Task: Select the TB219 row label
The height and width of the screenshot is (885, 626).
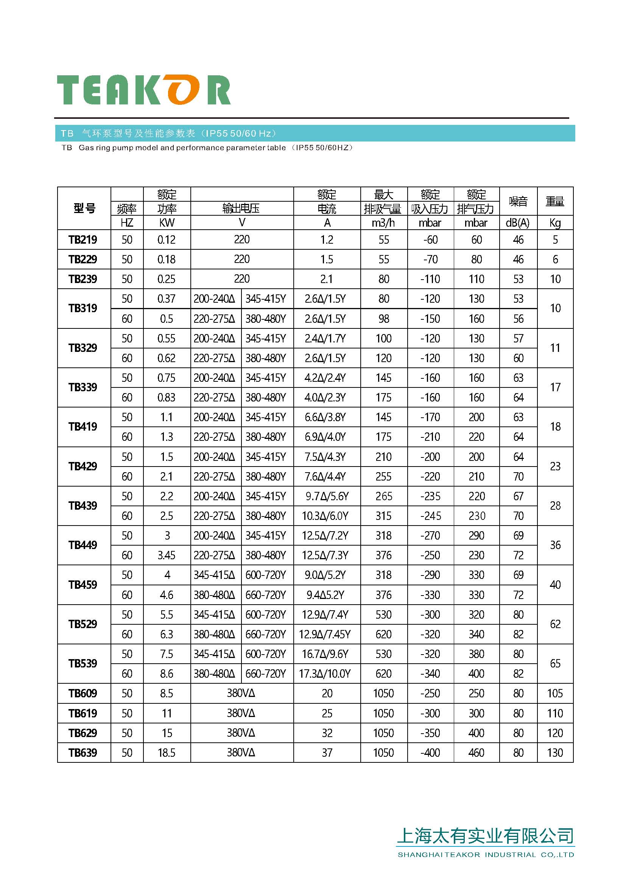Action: [83, 240]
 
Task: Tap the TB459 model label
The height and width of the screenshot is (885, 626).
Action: [83, 585]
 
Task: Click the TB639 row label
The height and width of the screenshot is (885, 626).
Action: [83, 753]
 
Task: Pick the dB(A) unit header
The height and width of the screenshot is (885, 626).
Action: [518, 223]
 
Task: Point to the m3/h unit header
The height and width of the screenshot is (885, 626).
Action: [383, 223]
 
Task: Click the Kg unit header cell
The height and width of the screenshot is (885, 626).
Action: [555, 223]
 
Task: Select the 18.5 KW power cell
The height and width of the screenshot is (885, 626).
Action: [167, 753]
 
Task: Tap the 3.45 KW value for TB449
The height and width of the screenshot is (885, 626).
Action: [167, 555]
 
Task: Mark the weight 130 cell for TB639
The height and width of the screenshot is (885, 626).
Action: [555, 753]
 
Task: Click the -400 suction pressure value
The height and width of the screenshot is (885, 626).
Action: [430, 753]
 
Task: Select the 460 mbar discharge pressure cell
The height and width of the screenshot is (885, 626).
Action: [476, 753]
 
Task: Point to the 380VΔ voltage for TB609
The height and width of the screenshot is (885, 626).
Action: [241, 693]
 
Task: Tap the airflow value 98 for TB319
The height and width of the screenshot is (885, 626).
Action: [383, 319]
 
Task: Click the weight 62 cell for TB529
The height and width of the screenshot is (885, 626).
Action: [555, 624]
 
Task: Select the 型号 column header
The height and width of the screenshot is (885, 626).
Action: [84, 208]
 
